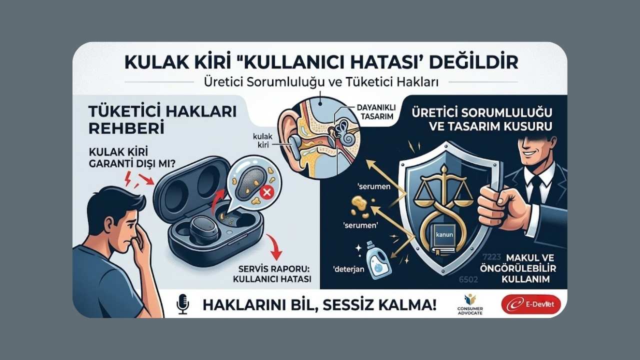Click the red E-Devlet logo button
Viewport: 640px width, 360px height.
coord(531,304)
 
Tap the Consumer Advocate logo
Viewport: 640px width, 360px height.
coord(470,304)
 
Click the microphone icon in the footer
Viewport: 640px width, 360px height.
coord(182,304)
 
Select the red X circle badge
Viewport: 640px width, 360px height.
coord(266,193)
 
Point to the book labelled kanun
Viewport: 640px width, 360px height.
coord(444,236)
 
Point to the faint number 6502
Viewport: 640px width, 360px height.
coord(468,279)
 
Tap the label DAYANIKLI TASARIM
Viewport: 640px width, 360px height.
coord(376,111)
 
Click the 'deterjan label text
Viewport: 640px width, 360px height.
coord(349,269)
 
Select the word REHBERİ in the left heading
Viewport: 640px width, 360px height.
coord(126,128)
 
